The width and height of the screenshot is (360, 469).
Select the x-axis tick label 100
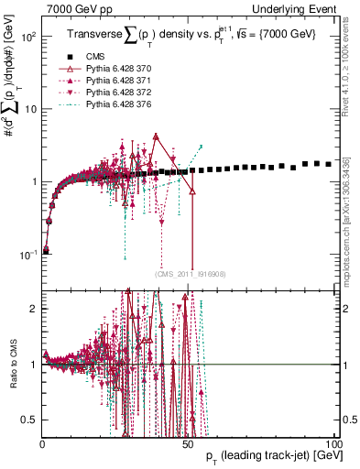[334, 443]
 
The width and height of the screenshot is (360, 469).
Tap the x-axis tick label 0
[43, 443]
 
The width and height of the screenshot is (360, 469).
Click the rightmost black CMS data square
[329, 164]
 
